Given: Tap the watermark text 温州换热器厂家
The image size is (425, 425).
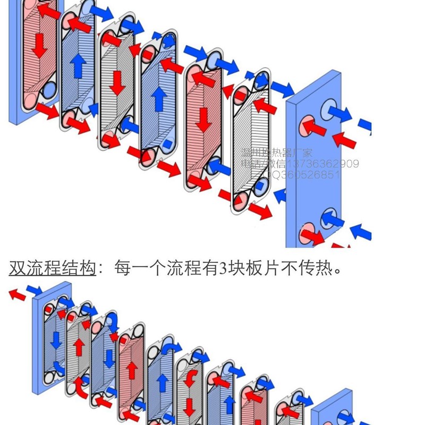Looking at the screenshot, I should pyautogui.click(x=277, y=153).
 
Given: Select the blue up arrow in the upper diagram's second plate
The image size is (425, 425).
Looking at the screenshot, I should pyautogui.click(x=78, y=65).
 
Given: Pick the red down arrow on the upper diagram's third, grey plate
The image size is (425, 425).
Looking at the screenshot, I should pyautogui.click(x=116, y=80).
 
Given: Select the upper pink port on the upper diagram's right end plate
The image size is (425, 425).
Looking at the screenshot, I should pyautogui.click(x=307, y=126).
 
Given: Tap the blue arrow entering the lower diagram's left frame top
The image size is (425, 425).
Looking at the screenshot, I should pyautogui.click(x=35, y=290).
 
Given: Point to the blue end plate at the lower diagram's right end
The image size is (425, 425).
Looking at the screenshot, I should pyautogui.click(x=332, y=409).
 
